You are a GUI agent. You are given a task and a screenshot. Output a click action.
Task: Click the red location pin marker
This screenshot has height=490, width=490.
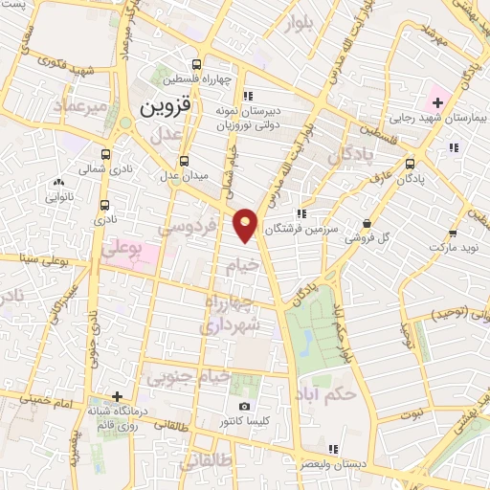pos(246,224)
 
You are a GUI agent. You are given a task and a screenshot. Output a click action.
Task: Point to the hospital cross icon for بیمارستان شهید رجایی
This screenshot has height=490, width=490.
pos(437,102)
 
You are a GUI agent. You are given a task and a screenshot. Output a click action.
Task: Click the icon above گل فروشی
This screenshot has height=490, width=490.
pos(367,224)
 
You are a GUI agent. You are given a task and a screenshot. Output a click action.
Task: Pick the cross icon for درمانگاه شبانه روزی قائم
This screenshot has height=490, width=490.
pos(117,395)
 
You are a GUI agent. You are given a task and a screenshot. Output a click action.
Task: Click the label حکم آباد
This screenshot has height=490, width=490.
pos(327,393)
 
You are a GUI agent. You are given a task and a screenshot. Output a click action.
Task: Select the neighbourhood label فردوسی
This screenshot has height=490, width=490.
pos(187,228)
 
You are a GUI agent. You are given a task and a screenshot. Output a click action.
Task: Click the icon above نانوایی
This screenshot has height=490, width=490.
pos(59,182)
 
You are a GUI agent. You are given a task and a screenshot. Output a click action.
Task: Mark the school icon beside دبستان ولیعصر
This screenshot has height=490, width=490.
pos(332,449)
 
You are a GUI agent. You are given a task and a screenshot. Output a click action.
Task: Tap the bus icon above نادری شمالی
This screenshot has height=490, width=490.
pos(104,154)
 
